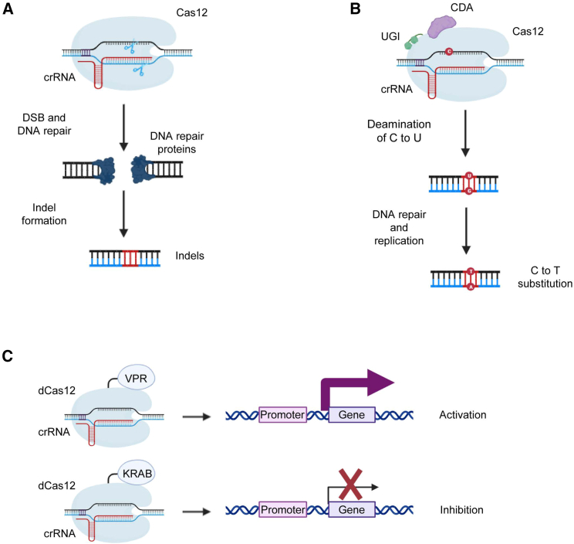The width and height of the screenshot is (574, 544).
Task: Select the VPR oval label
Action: (137, 379)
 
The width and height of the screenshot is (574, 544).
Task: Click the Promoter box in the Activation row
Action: (283, 415)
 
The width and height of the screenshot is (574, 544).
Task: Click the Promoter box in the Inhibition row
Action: (283, 510)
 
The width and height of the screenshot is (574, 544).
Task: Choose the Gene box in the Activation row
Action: (352, 415)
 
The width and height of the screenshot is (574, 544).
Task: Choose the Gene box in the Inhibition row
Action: (352, 510)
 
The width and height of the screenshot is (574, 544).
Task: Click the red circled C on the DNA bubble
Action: (448, 52)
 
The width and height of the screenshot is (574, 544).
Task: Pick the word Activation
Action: (461, 415)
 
